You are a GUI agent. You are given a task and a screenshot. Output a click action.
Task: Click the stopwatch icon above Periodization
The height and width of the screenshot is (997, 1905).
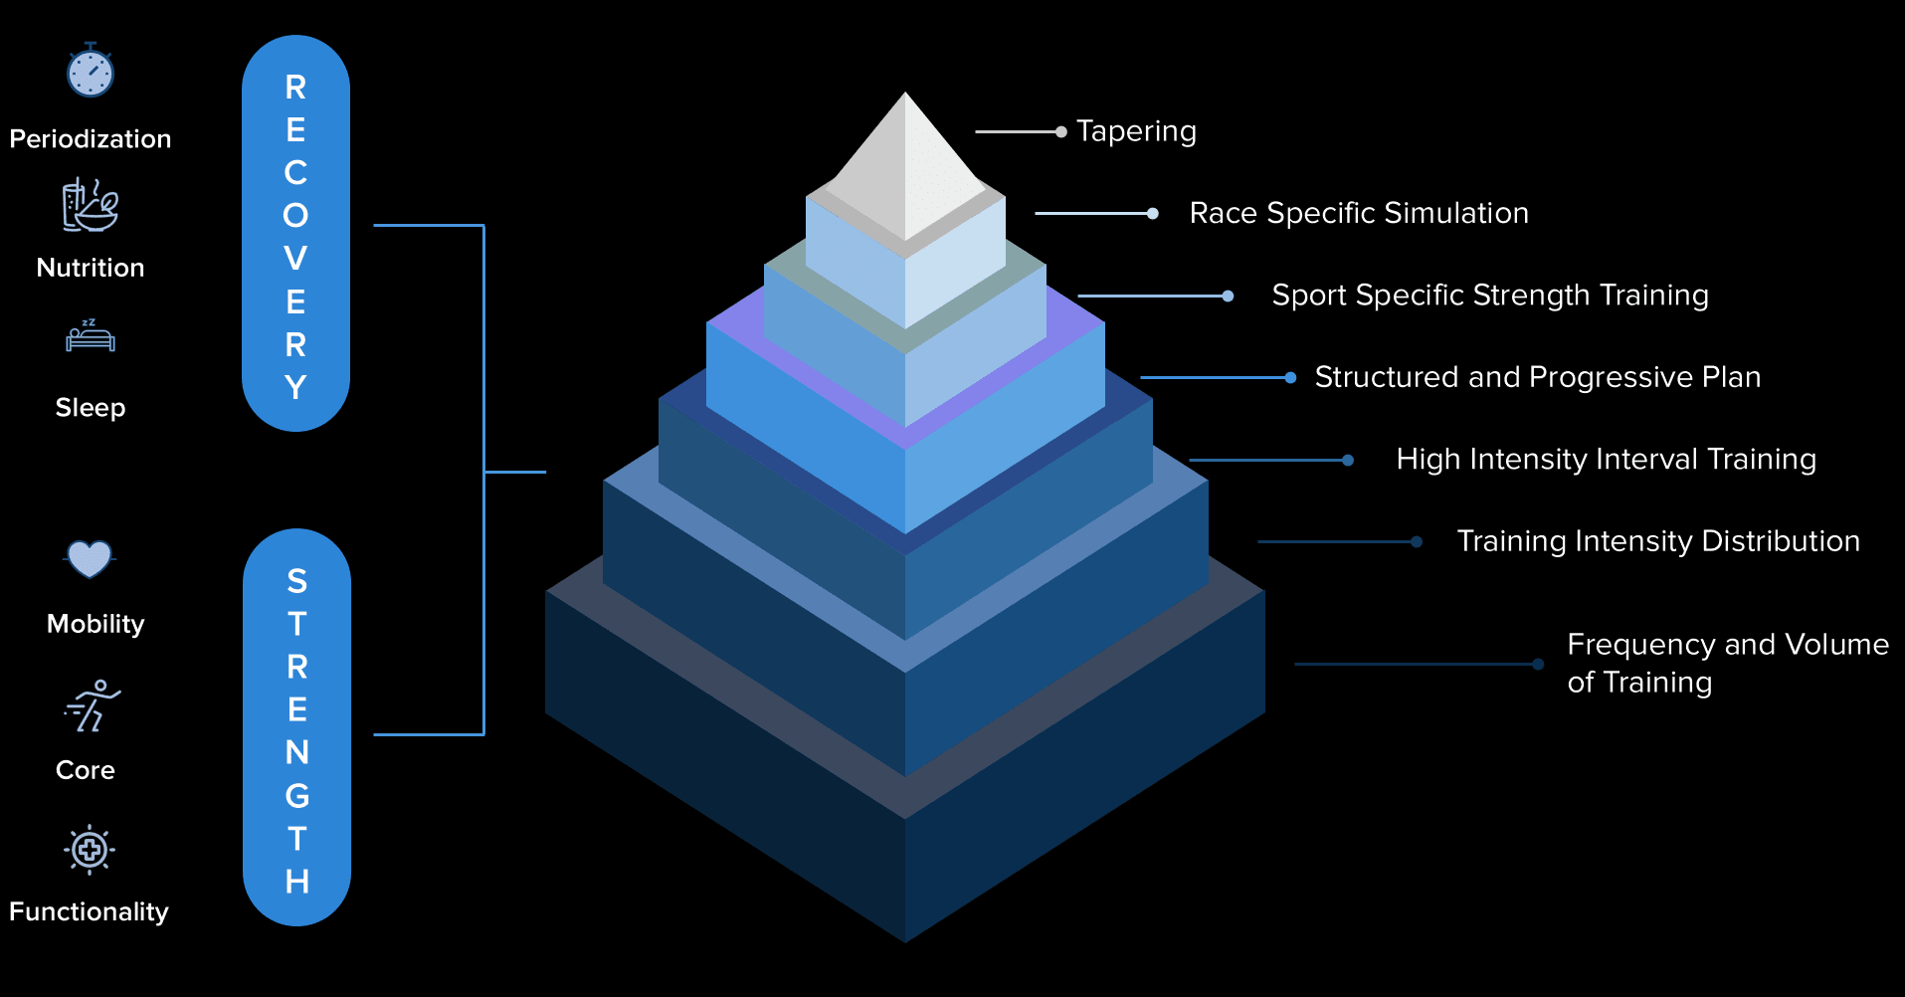(x=91, y=72)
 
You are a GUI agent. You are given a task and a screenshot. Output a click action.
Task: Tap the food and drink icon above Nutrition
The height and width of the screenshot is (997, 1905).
(x=91, y=205)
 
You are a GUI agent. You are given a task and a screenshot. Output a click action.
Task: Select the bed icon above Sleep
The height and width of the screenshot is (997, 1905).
(x=91, y=337)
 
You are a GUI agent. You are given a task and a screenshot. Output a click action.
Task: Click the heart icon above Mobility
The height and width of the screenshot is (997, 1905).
(x=90, y=558)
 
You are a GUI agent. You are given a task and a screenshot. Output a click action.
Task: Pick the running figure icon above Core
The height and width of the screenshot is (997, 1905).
(x=93, y=705)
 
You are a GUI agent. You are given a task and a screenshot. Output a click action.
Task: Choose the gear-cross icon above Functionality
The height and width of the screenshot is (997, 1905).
(x=90, y=850)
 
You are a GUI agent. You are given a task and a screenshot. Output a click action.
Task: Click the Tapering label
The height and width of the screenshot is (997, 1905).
(x=1136, y=131)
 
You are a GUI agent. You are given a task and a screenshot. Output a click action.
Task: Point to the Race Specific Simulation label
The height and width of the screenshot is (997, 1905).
(x=1359, y=213)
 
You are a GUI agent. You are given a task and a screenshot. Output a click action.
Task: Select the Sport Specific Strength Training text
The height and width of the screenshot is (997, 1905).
(x=1490, y=296)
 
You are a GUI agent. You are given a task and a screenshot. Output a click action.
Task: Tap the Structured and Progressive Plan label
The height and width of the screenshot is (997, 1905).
(x=1538, y=377)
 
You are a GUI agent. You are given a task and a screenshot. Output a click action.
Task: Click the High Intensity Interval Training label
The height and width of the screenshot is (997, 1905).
(x=1606, y=459)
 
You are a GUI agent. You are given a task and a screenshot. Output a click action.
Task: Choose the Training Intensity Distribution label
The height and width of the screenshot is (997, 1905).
(x=1658, y=541)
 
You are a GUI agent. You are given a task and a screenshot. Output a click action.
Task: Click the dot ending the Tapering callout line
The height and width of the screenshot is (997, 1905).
(x=1061, y=131)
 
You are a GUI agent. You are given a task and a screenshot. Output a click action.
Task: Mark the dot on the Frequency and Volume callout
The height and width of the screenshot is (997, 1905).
(x=1538, y=664)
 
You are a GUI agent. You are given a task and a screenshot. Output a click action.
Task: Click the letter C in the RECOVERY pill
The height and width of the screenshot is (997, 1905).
(x=295, y=173)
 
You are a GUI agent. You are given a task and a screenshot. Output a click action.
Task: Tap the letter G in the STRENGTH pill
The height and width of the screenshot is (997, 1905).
(x=297, y=796)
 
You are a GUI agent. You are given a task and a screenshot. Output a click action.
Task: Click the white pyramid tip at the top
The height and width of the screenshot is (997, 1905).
(x=905, y=159)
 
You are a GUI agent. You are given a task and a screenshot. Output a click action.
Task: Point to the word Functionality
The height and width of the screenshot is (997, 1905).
(x=89, y=911)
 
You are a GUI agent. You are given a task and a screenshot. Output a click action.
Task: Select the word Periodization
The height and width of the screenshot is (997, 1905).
(x=91, y=139)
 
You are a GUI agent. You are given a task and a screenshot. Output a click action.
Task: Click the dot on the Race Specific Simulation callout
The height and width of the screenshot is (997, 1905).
(x=1152, y=213)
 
